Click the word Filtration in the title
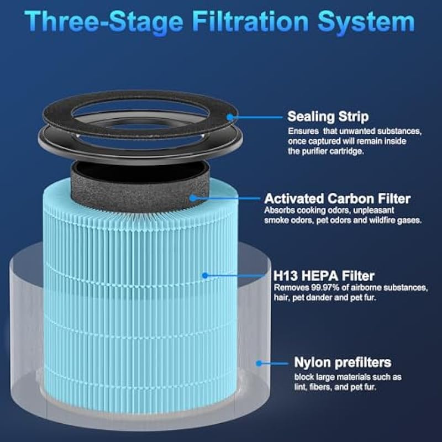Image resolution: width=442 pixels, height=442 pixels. point(251,22)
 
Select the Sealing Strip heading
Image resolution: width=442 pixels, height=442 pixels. point(328,117)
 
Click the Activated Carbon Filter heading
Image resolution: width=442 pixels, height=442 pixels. point(338,198)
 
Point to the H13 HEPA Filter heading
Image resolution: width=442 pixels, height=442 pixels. point(324,276)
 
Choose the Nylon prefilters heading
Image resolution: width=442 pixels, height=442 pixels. point(343,362)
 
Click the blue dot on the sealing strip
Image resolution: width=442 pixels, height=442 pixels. point(230,117)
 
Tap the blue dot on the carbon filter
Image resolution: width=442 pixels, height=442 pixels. point(193,198)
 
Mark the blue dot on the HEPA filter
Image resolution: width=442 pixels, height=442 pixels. point(205,275)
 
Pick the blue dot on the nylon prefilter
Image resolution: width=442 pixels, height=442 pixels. point(259,364)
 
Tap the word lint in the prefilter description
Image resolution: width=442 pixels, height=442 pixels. point(301,387)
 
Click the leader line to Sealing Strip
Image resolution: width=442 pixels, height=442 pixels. point(257,117)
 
